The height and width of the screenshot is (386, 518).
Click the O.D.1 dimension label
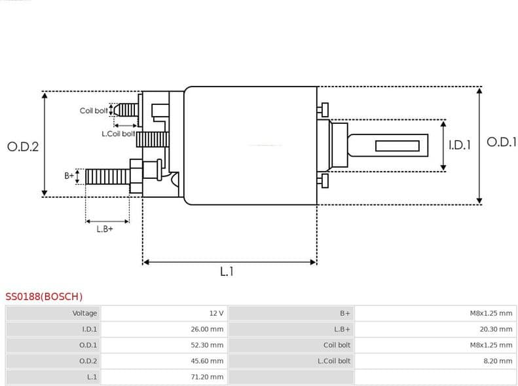(x=502, y=142)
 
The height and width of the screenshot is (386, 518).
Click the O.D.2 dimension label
(x=23, y=147)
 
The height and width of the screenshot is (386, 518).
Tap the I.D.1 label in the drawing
(x=459, y=145)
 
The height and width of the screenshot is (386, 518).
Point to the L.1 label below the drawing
(x=227, y=271)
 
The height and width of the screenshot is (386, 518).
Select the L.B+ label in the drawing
(x=105, y=229)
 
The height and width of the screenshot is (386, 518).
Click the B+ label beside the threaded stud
(x=69, y=176)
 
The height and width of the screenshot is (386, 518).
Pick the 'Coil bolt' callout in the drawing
(x=94, y=111)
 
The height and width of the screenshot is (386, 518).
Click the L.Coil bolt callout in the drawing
(x=118, y=133)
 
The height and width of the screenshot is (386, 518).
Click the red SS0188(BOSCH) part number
(x=44, y=297)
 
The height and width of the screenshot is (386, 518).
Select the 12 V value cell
(x=216, y=313)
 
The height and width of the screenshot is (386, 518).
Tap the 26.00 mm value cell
(x=207, y=329)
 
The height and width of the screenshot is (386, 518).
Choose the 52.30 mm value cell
(x=207, y=345)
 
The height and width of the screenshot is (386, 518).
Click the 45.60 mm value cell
(x=207, y=361)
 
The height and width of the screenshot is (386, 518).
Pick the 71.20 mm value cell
(x=207, y=377)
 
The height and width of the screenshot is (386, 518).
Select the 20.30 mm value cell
(x=496, y=329)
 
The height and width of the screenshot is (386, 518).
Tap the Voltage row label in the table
(x=84, y=313)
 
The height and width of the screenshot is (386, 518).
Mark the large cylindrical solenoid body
(x=250, y=145)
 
